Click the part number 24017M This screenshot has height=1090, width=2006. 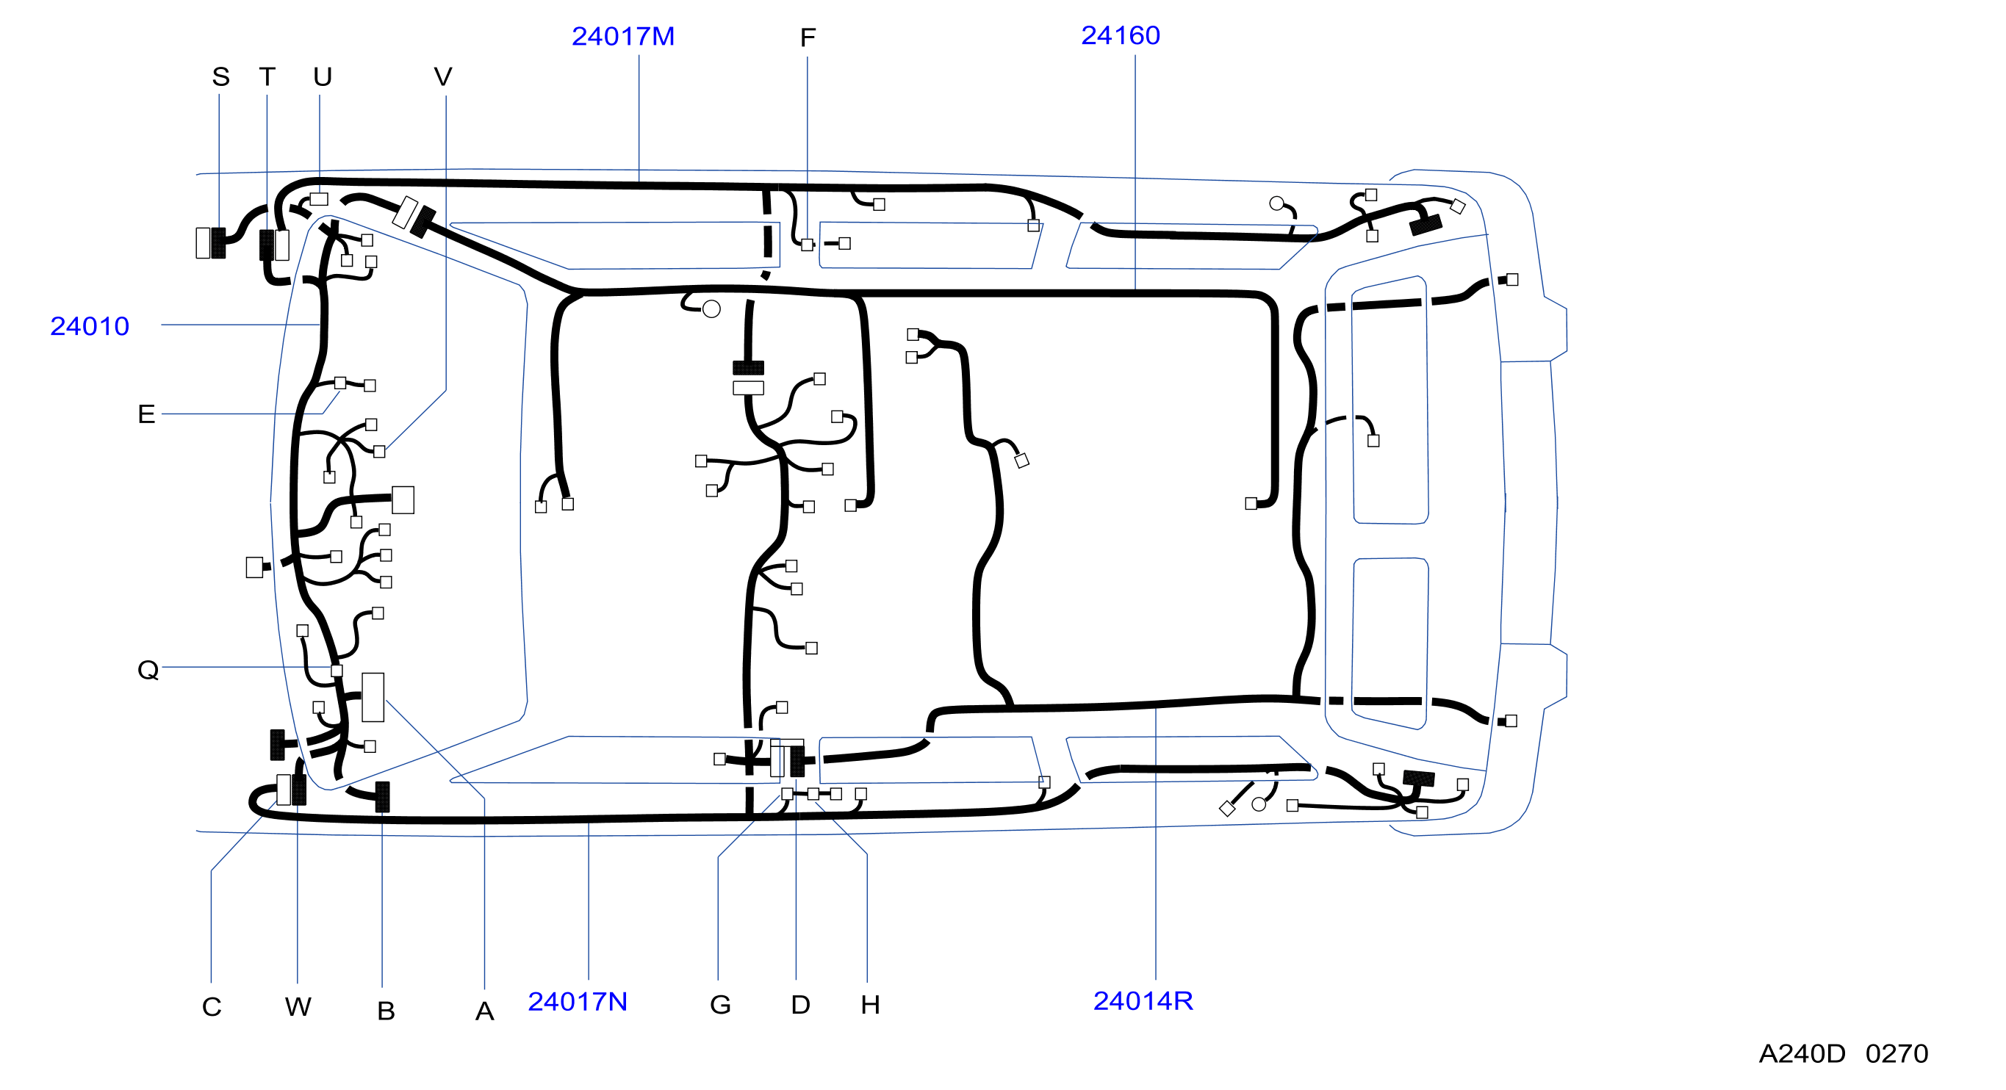pos(623,37)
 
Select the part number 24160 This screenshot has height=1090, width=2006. pos(1121,35)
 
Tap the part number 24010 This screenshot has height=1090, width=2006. pos(90,326)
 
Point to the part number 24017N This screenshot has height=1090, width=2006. pos(578,1001)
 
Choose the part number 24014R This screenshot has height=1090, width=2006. pos(1143,1000)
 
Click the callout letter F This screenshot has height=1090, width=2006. pos(808,37)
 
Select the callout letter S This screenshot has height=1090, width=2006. pos(221,76)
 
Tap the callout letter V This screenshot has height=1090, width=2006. pos(443,76)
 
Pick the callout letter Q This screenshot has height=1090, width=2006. pos(148,670)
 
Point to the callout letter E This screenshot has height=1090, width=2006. pos(146,414)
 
